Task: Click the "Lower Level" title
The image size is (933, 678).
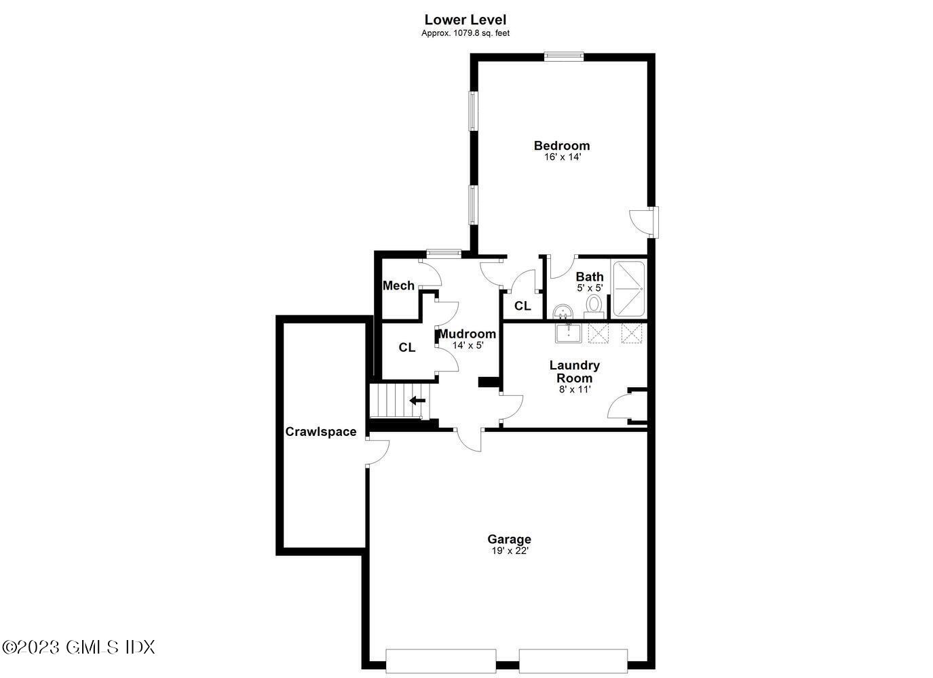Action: pos(465,20)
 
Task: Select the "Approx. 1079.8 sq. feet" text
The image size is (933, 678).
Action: pos(465,33)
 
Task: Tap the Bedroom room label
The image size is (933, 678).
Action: pos(561,145)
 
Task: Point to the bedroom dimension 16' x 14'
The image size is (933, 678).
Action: pos(562,157)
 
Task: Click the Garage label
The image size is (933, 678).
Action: pos(509,539)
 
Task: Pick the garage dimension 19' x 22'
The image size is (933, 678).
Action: pos(510,551)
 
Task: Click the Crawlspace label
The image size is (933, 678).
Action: pos(320,432)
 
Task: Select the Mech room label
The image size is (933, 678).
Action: pos(398,285)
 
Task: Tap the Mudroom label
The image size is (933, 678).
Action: pos(467,334)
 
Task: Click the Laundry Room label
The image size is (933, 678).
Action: pos(574,372)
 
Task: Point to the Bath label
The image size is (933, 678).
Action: pos(589,277)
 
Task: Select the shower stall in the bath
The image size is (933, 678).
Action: pos(629,288)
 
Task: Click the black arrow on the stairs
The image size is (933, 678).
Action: pos(417,401)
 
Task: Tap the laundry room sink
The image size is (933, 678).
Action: pos(567,333)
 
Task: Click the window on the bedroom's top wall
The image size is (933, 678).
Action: pos(564,57)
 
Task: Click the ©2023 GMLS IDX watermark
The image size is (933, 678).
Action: pos(78,647)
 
